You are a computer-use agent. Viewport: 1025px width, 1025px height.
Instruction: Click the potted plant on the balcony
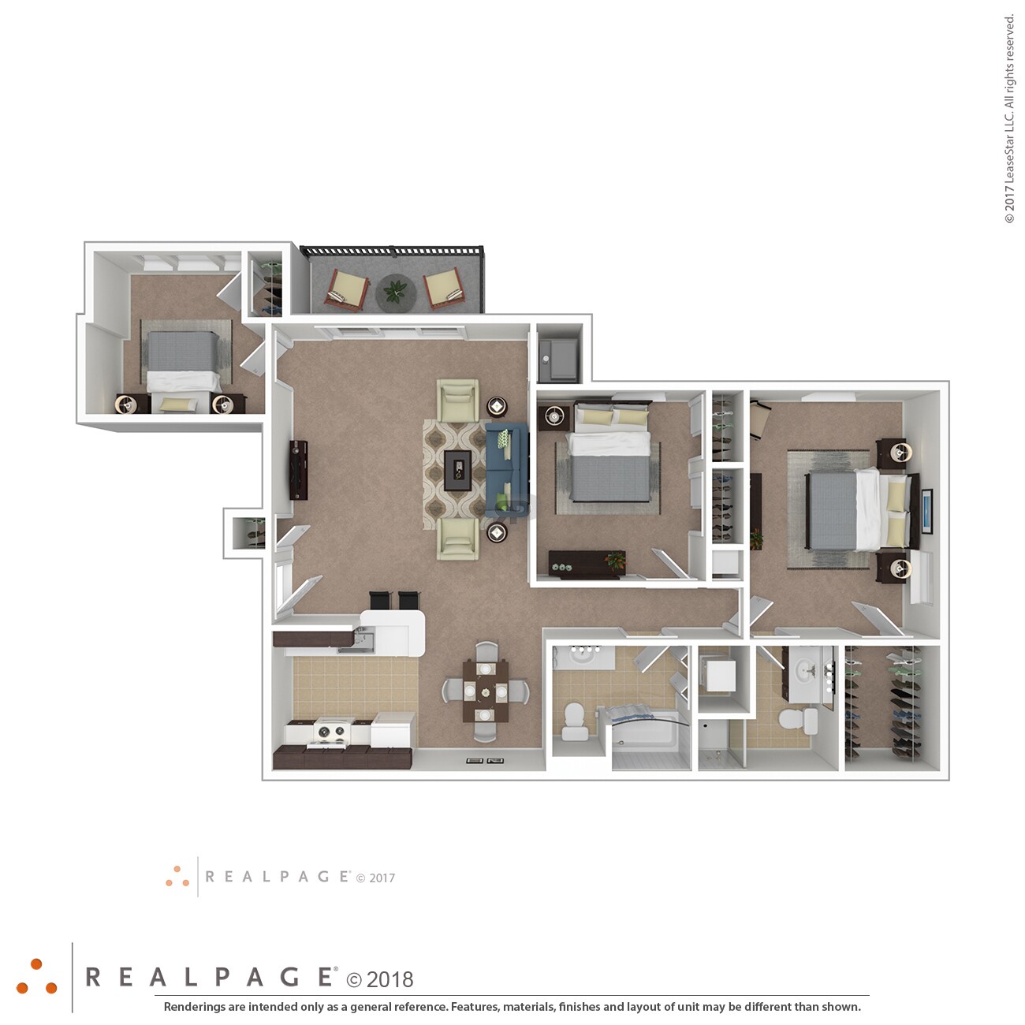coord(394,292)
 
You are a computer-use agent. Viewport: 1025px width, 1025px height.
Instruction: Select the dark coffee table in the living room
coord(457,470)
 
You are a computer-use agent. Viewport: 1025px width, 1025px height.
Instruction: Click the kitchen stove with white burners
coord(331,732)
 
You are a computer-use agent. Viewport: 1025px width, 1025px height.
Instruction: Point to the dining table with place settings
coord(485,691)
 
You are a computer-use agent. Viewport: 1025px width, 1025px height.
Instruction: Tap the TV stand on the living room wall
coord(299,470)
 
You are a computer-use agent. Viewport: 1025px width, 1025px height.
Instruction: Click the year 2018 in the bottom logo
coord(389,979)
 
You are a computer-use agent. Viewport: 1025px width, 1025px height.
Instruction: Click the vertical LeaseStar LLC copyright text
coord(1009,118)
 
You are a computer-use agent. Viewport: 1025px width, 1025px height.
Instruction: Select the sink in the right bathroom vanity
coord(805,671)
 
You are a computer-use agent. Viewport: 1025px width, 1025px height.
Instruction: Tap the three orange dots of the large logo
coord(37,977)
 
